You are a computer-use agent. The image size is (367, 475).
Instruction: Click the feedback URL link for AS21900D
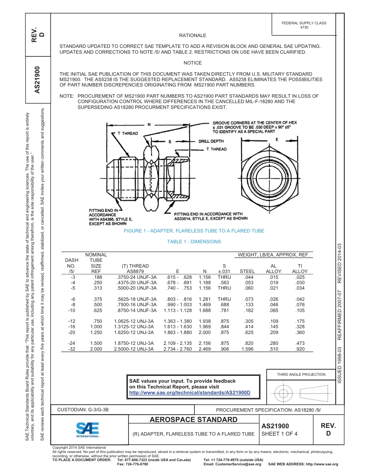point(190,392)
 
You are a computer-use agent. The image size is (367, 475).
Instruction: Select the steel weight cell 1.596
point(247,349)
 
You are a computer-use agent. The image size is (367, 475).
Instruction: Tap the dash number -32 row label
point(71,349)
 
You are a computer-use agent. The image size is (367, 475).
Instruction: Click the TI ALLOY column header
point(300,269)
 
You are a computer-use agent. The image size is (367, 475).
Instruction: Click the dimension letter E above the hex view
point(277,139)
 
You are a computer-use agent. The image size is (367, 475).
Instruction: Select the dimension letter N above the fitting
point(149,124)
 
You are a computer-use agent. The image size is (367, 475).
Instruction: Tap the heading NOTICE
point(192,63)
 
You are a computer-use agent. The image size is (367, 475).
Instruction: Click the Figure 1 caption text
point(194,231)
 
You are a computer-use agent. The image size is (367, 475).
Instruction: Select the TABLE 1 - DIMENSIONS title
point(194,242)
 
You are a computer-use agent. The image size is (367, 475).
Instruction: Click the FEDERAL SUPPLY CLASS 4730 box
point(304,25)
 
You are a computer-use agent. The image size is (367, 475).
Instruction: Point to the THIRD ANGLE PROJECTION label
point(301,374)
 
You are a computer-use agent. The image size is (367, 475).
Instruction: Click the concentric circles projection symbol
point(284,394)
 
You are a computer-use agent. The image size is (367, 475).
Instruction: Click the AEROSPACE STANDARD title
point(194,420)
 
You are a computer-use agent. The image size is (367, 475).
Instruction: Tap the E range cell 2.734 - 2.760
point(178,349)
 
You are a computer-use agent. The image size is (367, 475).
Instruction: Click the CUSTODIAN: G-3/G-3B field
point(83,410)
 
